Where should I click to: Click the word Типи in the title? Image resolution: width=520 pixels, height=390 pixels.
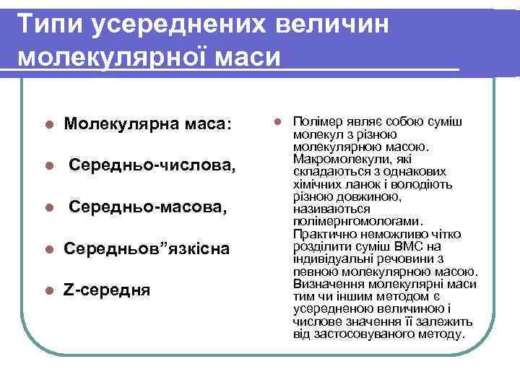(49, 24)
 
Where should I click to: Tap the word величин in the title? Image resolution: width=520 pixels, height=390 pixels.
(332, 24)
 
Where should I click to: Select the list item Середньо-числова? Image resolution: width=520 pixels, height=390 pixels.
(152, 166)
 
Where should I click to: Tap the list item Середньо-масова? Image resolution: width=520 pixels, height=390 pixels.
(147, 208)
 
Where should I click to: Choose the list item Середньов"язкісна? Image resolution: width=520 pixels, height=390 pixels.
(147, 249)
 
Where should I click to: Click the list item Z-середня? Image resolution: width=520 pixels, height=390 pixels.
(107, 290)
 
